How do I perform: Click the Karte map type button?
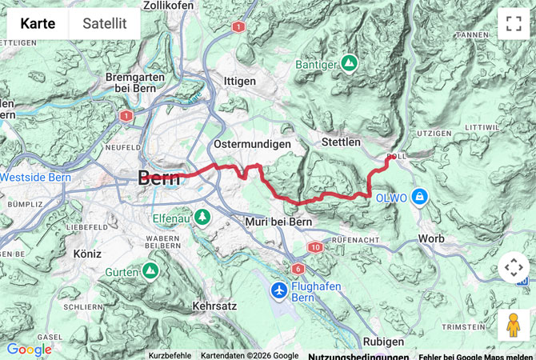[x=38, y=23]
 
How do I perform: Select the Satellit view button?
[x=105, y=23]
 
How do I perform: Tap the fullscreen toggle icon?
[x=513, y=23]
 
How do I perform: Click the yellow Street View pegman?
[x=513, y=326]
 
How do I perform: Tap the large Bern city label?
[x=160, y=178]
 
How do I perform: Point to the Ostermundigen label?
[x=251, y=143]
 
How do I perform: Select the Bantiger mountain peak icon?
[x=349, y=62]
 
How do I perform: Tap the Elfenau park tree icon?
[x=203, y=216]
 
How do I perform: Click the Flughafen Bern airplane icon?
[x=278, y=290]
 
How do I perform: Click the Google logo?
[x=29, y=350]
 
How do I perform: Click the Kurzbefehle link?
[x=170, y=355]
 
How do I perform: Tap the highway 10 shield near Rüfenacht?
[x=315, y=247]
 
